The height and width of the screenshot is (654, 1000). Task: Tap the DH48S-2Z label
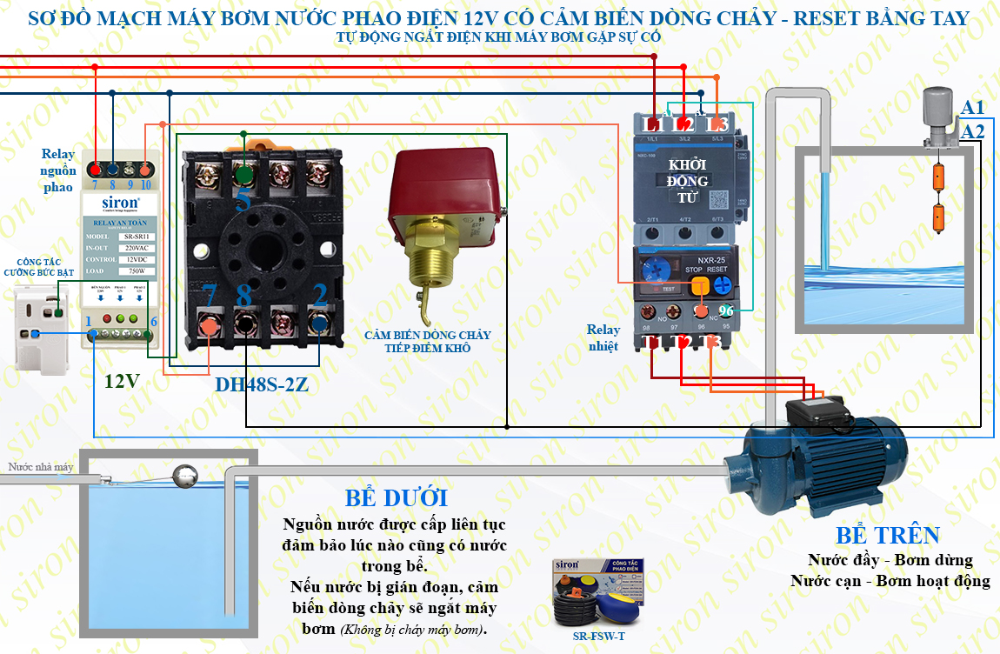pyautogui.click(x=262, y=384)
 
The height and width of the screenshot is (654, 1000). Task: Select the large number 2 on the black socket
pyautogui.click(x=319, y=295)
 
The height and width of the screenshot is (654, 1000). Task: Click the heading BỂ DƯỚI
pyautogui.click(x=396, y=498)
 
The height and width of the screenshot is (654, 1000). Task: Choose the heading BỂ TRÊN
pyautogui.click(x=888, y=535)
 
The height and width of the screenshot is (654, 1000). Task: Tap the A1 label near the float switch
pyautogui.click(x=973, y=108)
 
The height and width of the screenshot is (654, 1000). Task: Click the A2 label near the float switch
pyautogui.click(x=973, y=131)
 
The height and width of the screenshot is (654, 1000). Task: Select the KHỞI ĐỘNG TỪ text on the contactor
pyautogui.click(x=687, y=180)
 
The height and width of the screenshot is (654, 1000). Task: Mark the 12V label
pyautogui.click(x=122, y=381)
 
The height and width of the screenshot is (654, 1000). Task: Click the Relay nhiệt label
pyautogui.click(x=603, y=337)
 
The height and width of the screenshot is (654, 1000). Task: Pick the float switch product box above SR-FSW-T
pyautogui.click(x=598, y=592)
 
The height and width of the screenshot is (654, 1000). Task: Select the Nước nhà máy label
pyautogui.click(x=40, y=467)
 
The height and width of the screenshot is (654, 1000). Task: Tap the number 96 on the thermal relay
pyautogui.click(x=726, y=310)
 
